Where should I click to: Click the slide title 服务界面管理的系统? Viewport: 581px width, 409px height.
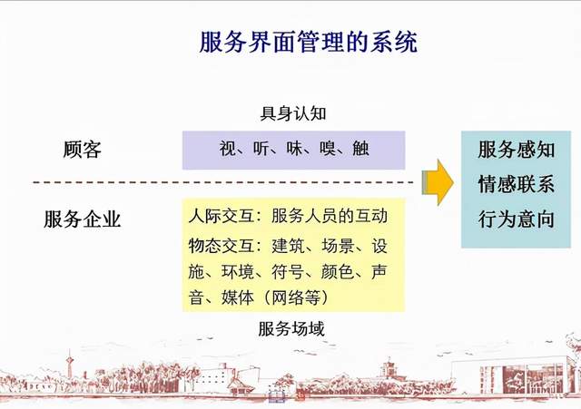pyautogui.click(x=309, y=42)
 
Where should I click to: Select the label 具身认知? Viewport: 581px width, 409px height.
pyautogui.click(x=292, y=113)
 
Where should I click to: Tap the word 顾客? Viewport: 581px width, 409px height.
pyautogui.click(x=82, y=150)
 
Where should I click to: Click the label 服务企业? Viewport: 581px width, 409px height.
pyautogui.click(x=83, y=219)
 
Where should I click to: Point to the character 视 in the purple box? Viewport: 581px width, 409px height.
pyautogui.click(x=227, y=149)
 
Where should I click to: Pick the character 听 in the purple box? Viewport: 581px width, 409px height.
pyautogui.click(x=261, y=149)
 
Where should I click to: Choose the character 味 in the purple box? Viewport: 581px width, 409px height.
pyautogui.click(x=294, y=149)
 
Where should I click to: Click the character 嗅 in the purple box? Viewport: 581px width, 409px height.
pyautogui.click(x=328, y=149)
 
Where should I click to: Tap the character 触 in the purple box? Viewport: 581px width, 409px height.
pyautogui.click(x=361, y=149)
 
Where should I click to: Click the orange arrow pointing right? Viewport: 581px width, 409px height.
pyautogui.click(x=438, y=182)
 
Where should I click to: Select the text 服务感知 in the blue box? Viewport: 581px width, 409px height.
pyautogui.click(x=517, y=150)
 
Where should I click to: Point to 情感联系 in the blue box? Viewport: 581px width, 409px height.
pyautogui.click(x=517, y=184)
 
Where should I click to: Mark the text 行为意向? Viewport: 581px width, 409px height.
pyautogui.click(x=517, y=219)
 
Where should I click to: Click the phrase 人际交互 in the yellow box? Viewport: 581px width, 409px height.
pyautogui.click(x=222, y=216)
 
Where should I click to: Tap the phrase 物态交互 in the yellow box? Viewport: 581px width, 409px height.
pyautogui.click(x=222, y=246)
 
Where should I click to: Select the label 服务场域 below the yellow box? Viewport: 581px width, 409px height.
pyautogui.click(x=291, y=328)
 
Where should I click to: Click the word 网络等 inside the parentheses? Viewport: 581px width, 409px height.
pyautogui.click(x=296, y=297)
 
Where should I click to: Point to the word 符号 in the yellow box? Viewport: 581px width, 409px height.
pyautogui.click(x=288, y=272)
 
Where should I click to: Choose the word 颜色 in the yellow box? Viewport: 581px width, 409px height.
pyautogui.click(x=338, y=272)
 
